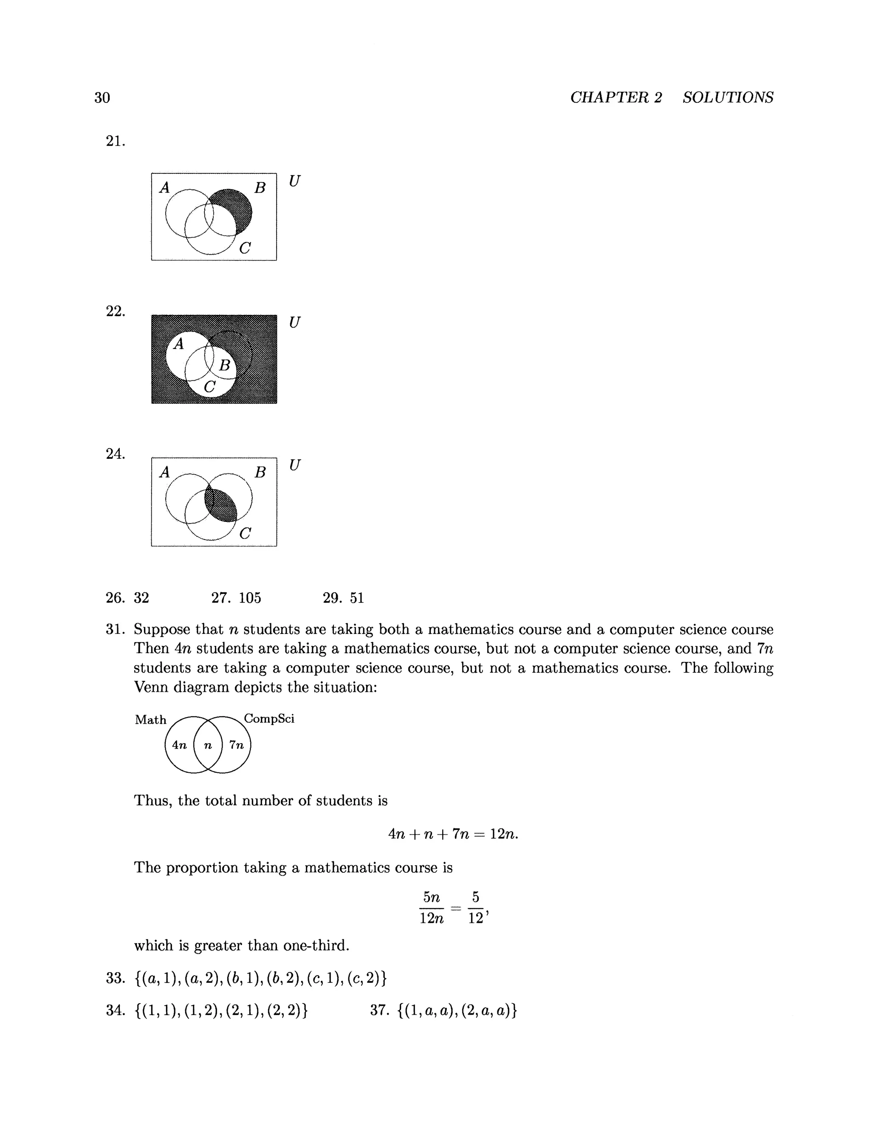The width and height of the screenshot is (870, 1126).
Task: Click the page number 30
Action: point(102,97)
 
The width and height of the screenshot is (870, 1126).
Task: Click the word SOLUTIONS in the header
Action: point(728,97)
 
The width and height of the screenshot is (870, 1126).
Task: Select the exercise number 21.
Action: point(115,141)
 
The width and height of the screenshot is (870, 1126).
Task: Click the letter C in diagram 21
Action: point(246,249)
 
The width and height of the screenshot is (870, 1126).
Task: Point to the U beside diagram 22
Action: point(294,322)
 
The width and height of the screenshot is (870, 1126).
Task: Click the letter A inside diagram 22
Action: point(179,344)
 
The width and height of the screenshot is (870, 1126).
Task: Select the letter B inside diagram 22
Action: point(224,365)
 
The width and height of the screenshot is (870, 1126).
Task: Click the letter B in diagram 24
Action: point(260,472)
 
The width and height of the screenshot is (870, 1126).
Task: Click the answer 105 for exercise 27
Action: point(250,598)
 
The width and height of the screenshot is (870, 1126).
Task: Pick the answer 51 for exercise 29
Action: point(357,598)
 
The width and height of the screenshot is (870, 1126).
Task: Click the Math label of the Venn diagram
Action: point(150,720)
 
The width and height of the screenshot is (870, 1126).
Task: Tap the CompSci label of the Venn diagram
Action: point(269,719)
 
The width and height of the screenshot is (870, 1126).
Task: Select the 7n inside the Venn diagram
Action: point(237,745)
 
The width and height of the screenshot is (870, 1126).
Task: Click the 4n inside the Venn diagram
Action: point(179,745)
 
